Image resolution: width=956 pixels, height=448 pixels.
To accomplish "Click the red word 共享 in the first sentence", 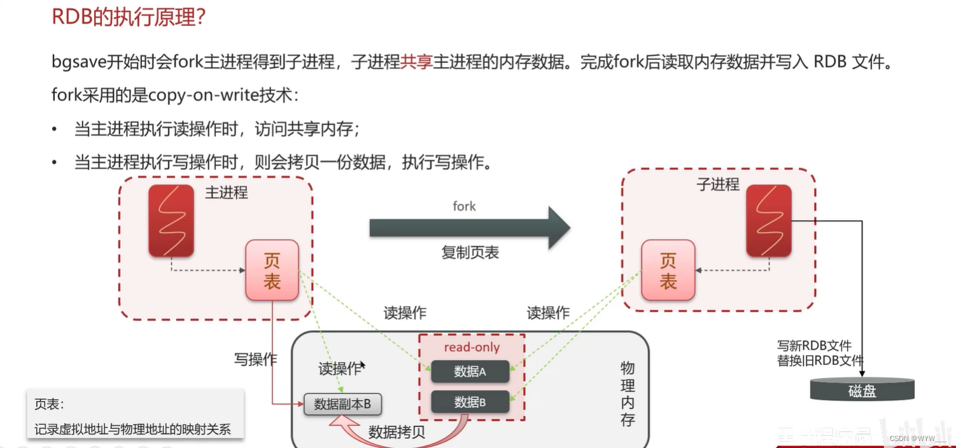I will (x=416, y=62).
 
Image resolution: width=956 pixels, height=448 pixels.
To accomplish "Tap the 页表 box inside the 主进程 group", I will (x=272, y=270).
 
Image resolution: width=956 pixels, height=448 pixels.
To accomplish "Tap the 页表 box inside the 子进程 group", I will (x=668, y=270).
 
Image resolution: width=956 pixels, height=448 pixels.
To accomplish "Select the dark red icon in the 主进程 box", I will (x=171, y=220).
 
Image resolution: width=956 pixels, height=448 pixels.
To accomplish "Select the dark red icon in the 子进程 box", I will (x=769, y=220).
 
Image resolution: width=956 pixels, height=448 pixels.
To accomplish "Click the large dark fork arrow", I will (x=469, y=228).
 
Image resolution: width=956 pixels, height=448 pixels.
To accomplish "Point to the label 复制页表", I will (x=470, y=253).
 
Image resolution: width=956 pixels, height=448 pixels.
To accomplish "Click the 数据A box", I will (x=470, y=372).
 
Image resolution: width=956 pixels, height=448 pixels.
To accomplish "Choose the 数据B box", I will (x=470, y=402).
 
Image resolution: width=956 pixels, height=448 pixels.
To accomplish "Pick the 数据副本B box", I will (x=343, y=404).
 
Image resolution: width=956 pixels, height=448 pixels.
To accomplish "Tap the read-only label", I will (x=471, y=347).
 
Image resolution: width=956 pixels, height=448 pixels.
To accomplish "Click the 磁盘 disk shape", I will (x=862, y=389).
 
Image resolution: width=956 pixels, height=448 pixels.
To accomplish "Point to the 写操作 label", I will (x=256, y=360).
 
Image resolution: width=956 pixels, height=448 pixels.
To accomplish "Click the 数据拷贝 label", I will (x=397, y=432).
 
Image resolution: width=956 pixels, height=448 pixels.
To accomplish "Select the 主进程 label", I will (x=226, y=192).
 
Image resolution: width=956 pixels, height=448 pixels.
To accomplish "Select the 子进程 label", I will (x=718, y=185).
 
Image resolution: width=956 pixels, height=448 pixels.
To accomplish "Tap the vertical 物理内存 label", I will (x=628, y=394).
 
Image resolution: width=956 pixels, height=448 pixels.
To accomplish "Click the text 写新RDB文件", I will (x=814, y=346).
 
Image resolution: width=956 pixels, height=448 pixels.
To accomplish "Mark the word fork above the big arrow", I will (x=464, y=206).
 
